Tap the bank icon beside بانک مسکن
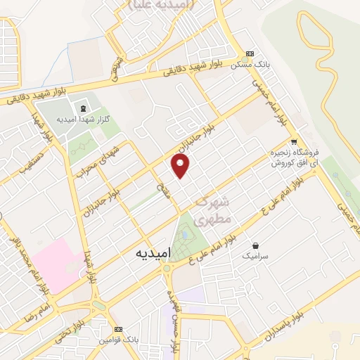[x=251, y=53]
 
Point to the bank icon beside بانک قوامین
[x=118, y=329]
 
